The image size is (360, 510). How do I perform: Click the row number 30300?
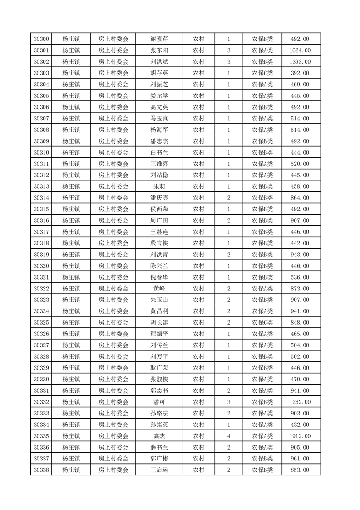(41, 39)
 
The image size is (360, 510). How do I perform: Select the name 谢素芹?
(159, 39)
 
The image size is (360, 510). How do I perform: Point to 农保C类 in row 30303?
(262, 73)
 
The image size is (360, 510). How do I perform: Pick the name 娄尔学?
(159, 96)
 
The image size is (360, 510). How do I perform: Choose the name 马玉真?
(159, 119)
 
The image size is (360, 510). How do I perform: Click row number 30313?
(41, 186)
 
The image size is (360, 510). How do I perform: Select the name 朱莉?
(159, 186)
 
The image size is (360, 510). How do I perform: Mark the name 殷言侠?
(159, 243)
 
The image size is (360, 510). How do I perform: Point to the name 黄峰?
(159, 289)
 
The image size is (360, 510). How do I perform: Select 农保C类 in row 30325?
(262, 323)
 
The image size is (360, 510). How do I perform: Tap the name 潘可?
(159, 402)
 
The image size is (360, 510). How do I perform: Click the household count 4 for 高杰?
(228, 436)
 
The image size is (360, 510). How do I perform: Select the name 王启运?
(159, 470)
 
